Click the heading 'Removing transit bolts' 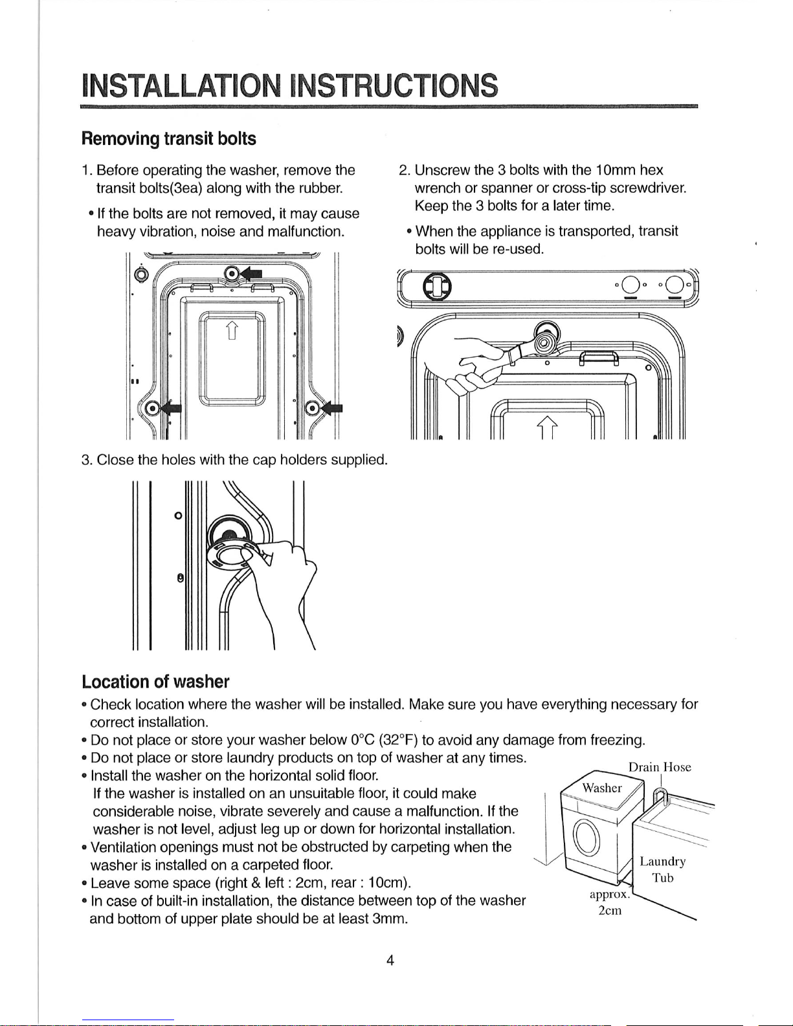tap(168, 139)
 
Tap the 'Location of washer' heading tap(155, 682)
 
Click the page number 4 tap(390, 960)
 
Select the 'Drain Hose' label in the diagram tap(660, 767)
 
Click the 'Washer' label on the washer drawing tap(602, 788)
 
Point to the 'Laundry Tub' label tap(662, 870)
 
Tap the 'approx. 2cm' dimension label tap(610, 902)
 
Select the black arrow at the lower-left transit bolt tap(171, 408)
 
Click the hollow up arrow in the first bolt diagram tap(232, 331)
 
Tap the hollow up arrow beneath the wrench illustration tap(547, 428)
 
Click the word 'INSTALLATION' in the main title tap(182, 85)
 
